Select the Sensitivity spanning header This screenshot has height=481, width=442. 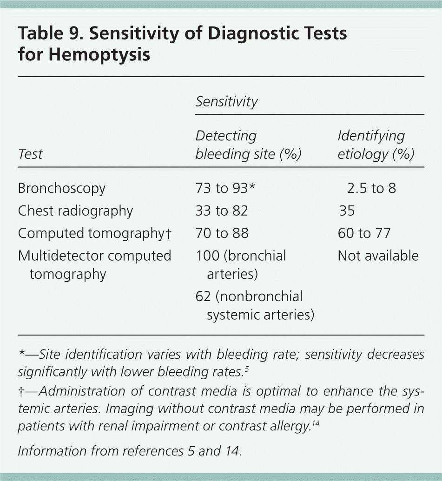(226, 102)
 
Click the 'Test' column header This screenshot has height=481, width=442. (31, 154)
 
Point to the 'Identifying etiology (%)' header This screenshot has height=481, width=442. (376, 145)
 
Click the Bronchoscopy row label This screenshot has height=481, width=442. (62, 188)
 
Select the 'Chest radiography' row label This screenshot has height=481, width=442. (75, 211)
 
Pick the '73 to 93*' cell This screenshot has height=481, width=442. (225, 188)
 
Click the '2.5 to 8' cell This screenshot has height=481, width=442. (371, 188)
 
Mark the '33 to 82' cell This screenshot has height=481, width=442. (222, 211)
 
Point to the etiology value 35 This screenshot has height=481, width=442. (347, 211)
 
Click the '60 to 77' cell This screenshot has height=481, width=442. (364, 233)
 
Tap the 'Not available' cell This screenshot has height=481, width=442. (378, 256)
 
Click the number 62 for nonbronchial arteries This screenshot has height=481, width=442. (204, 297)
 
